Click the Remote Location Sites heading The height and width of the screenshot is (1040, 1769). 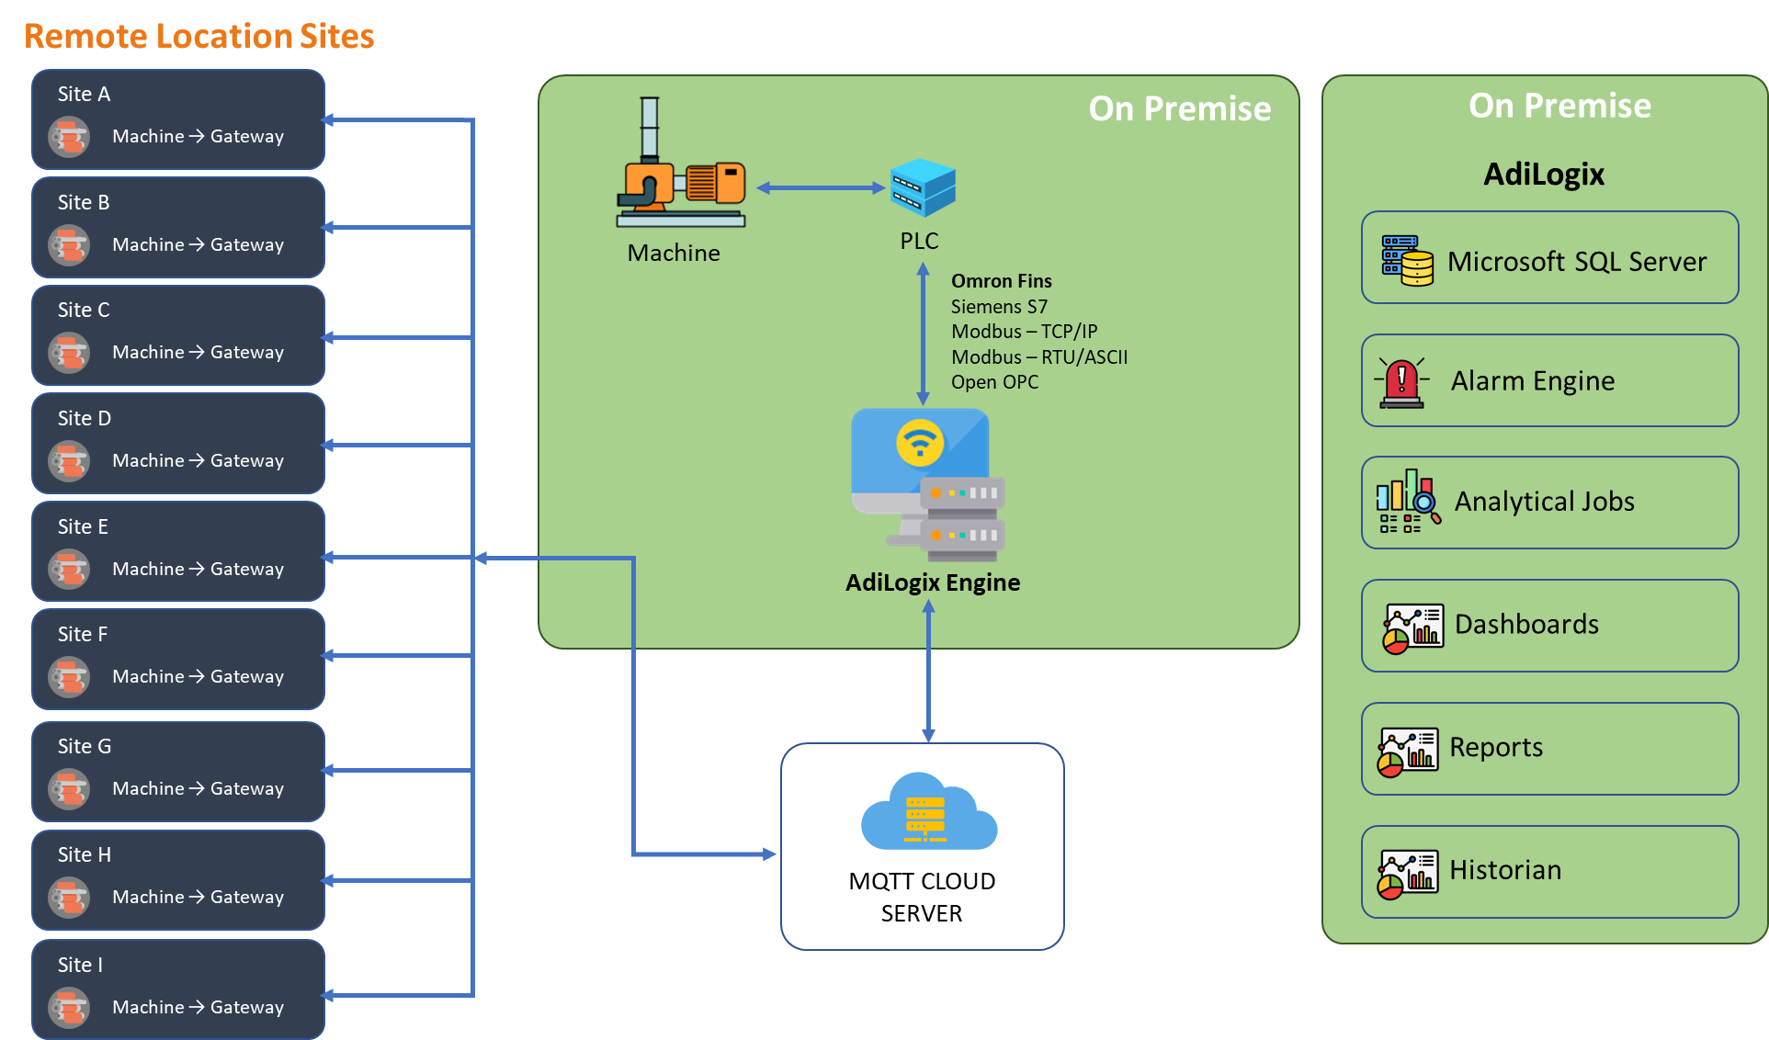tap(198, 36)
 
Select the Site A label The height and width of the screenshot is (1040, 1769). tap(84, 94)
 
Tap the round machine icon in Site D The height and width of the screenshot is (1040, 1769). tap(69, 460)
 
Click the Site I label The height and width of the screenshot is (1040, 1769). tap(80, 965)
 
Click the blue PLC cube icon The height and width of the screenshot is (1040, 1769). tap(923, 187)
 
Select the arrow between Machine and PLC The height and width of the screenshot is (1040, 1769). tap(820, 187)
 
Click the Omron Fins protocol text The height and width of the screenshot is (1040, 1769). tap(1001, 281)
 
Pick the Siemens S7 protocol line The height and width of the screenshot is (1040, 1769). tap(999, 307)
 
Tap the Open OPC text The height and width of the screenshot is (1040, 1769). tap(994, 382)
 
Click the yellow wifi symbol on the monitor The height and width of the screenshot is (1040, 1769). tap(920, 443)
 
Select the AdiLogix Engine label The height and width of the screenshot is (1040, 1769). tap(933, 582)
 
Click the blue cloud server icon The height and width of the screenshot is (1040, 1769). tap(928, 812)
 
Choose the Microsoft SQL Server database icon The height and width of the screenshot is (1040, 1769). tap(1407, 260)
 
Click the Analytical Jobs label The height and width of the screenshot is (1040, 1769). tap(1544, 502)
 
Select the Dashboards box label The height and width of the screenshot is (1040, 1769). tap(1526, 625)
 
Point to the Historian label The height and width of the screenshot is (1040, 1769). tap(1505, 870)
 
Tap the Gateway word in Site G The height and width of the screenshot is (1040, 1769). tap(247, 788)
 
